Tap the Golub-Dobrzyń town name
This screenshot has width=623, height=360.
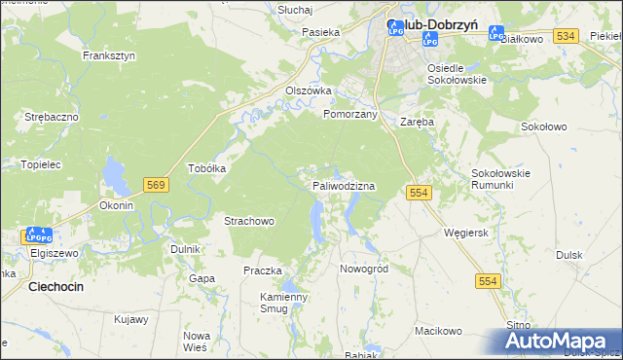coord(432,25)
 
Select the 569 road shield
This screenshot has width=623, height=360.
coord(155,183)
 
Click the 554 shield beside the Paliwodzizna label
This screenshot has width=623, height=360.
coord(420,194)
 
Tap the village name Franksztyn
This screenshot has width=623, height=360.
coord(109,55)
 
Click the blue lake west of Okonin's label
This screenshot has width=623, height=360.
coord(115,176)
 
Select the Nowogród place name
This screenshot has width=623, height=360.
coord(364,268)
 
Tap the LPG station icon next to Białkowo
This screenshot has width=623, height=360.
coord(496,34)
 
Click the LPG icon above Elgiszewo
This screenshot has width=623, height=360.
coord(38,235)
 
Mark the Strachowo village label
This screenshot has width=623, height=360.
coord(250,221)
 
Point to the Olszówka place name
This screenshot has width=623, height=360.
coord(308,90)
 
